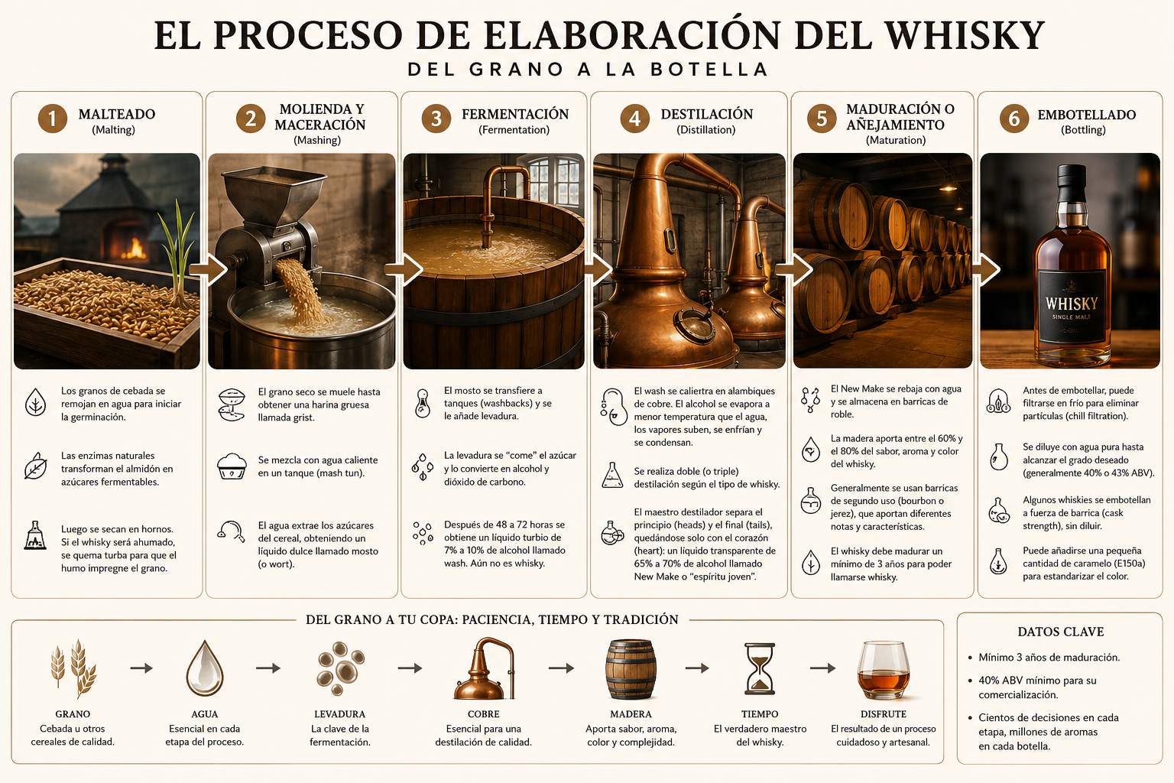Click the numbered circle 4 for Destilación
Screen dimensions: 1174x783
[x=634, y=119]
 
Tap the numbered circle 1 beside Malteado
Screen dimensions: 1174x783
[x=53, y=119]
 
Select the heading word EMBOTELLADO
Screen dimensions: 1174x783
[x=1086, y=115]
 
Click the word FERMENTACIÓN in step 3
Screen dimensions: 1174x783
[x=514, y=114]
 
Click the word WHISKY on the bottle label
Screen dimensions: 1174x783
[x=1072, y=304]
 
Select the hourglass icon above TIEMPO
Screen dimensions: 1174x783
[x=760, y=668]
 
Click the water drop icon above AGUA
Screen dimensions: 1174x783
[x=204, y=668]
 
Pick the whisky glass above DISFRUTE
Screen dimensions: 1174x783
[x=883, y=670]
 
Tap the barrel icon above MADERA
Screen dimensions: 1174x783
[x=631, y=669]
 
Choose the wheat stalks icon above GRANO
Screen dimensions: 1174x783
[x=73, y=668]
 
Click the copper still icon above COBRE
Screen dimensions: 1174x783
[x=484, y=668]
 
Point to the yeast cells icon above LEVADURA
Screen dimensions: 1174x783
[x=340, y=668]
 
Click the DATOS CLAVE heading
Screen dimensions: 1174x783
[x=1060, y=632]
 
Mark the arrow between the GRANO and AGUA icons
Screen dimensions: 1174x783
[x=141, y=668]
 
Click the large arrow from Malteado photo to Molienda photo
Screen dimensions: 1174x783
[x=208, y=270]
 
